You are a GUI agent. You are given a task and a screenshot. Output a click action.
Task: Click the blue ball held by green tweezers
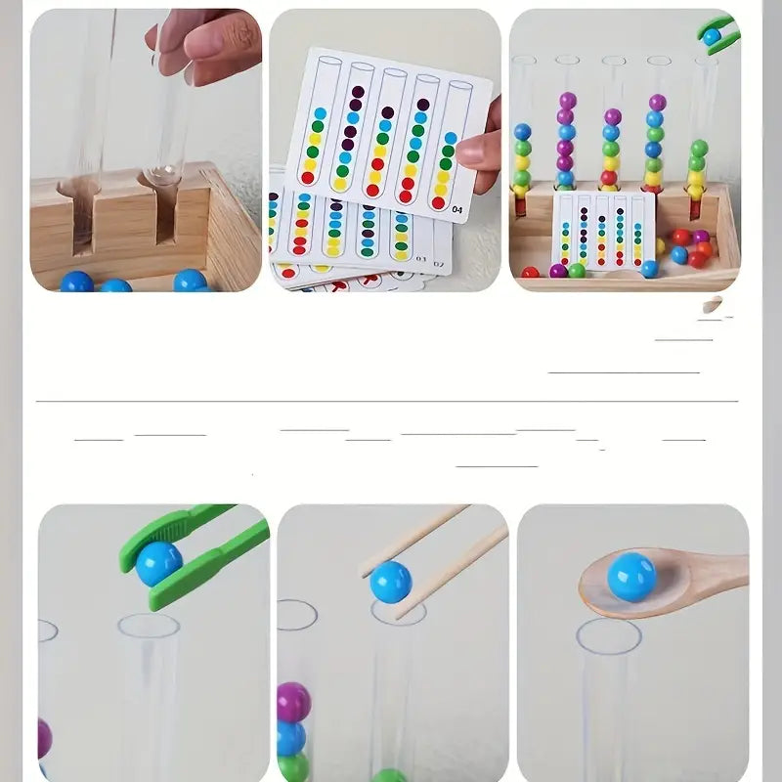coord(158,564)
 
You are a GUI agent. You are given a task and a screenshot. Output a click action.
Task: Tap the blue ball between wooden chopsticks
coord(390,582)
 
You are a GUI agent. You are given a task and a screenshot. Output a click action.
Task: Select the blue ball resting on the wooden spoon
coord(631,577)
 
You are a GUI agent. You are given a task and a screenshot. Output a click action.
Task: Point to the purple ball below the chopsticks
coord(293,702)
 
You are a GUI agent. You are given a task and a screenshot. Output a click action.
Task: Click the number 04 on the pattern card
coord(456,207)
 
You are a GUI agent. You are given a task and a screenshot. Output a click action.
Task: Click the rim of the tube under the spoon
coord(608,635)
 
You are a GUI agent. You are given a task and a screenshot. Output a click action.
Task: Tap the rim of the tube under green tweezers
coord(149,626)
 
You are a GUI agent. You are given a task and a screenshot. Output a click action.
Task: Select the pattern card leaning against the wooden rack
coord(602,230)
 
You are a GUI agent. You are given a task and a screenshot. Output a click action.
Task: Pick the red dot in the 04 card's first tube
coord(307,177)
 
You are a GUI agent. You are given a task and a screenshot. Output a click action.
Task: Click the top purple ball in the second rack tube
coord(566,101)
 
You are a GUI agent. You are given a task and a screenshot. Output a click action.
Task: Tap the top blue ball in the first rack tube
coord(523,132)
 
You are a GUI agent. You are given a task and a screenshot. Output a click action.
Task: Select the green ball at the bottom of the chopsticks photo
coord(389,776)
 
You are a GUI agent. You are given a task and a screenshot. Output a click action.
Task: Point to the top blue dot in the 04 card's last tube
coord(450,138)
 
